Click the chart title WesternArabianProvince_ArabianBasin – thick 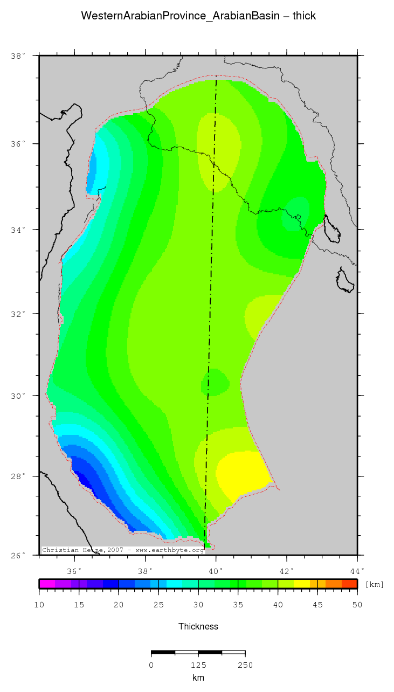pyautogui.click(x=198, y=16)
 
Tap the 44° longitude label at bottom pyautogui.click(x=357, y=571)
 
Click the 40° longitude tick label pyautogui.click(x=216, y=571)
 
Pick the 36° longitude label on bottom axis pyautogui.click(x=74, y=571)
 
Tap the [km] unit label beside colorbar pyautogui.click(x=375, y=584)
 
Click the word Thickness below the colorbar pyautogui.click(x=198, y=626)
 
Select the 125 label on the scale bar pyautogui.click(x=198, y=665)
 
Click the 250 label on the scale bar pyautogui.click(x=245, y=665)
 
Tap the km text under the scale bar pyautogui.click(x=198, y=678)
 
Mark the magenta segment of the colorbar pyautogui.click(x=47, y=584)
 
